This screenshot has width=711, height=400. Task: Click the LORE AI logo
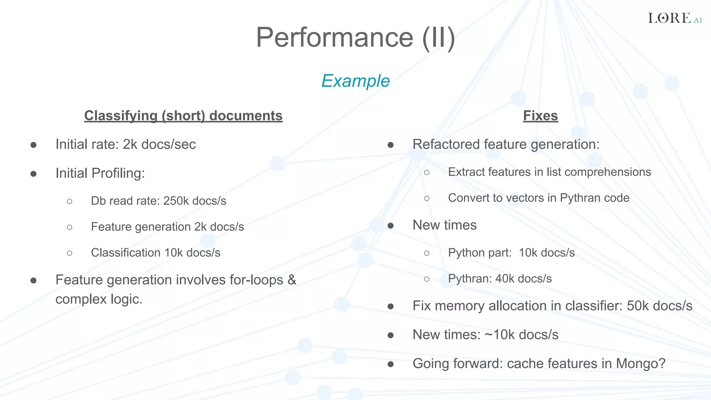tap(674, 18)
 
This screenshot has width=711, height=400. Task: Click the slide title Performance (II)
tap(355, 37)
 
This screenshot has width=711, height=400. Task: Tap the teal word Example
tap(355, 81)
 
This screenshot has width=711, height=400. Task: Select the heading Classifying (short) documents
tap(183, 116)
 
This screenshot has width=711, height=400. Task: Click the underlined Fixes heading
tap(540, 116)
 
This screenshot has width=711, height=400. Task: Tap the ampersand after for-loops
tap(292, 280)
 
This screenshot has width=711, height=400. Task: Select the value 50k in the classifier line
tap(638, 306)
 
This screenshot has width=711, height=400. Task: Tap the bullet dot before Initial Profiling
tap(33, 174)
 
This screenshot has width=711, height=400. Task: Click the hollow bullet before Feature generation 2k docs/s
tap(69, 227)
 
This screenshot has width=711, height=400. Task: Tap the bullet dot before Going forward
tap(391, 364)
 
